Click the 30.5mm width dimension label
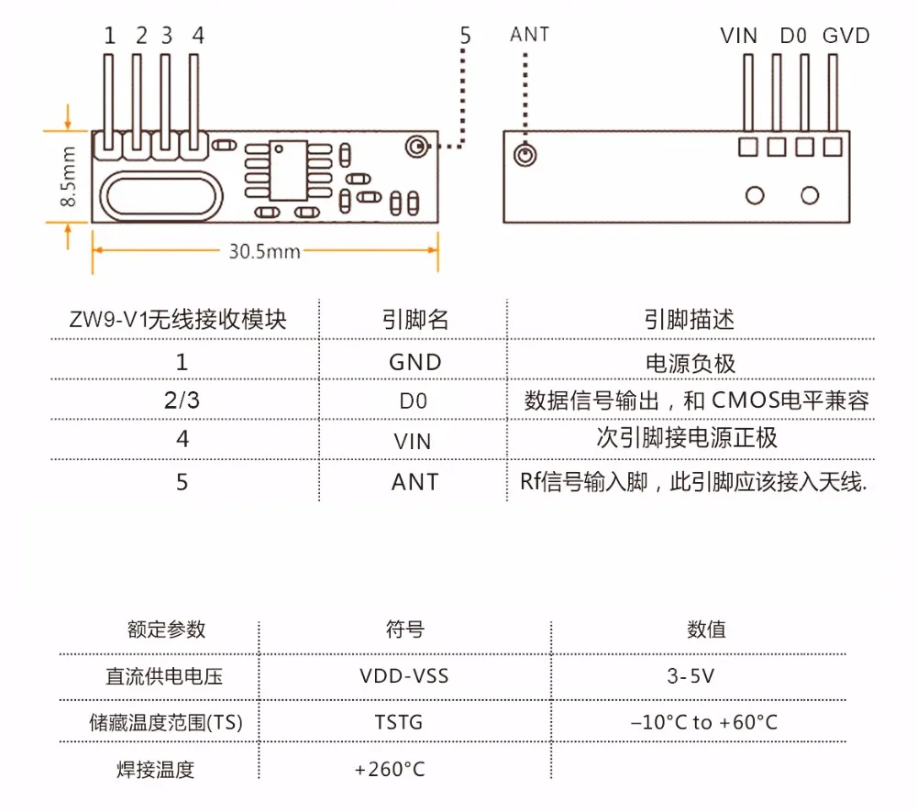pyautogui.click(x=264, y=251)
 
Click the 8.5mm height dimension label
pyautogui.click(x=68, y=177)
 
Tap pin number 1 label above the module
pyautogui.click(x=109, y=36)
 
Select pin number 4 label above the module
pyautogui.click(x=198, y=36)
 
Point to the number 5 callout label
pyautogui.click(x=465, y=36)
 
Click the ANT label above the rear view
pyautogui.click(x=529, y=35)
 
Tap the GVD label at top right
pyautogui.click(x=845, y=36)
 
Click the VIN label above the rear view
pyautogui.click(x=738, y=36)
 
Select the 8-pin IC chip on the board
pyautogui.click(x=288, y=170)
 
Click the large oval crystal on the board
pyautogui.click(x=161, y=196)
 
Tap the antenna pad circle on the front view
pyautogui.click(x=416, y=146)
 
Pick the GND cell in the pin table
pyautogui.click(x=414, y=362)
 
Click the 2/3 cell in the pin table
pyautogui.click(x=182, y=400)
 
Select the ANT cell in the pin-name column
pyautogui.click(x=414, y=482)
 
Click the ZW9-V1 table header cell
pyautogui.click(x=178, y=320)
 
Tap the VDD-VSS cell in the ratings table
pyautogui.click(x=404, y=676)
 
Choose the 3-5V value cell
pyautogui.click(x=691, y=676)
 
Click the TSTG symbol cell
pyautogui.click(x=398, y=722)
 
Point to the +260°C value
pyautogui.click(x=390, y=769)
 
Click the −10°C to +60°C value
pyautogui.click(x=704, y=722)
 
